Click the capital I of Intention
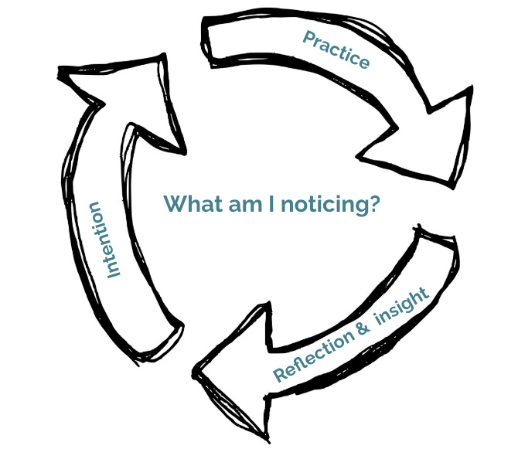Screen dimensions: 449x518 click(112, 272)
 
